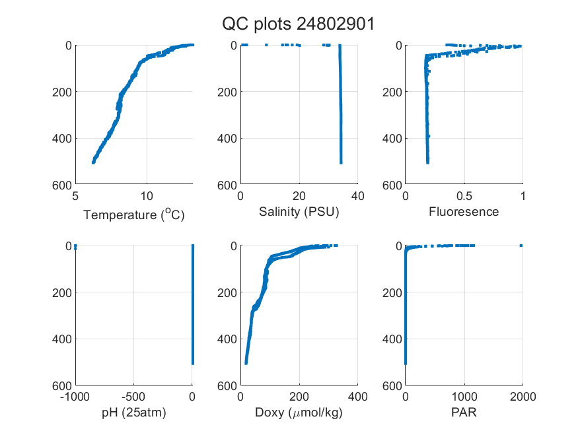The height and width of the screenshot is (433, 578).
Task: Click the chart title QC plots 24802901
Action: tap(298, 24)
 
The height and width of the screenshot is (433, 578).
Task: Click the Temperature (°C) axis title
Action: tap(134, 215)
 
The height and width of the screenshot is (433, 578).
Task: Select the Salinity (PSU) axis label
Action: tap(299, 212)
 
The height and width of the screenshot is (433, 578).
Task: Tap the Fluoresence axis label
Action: tap(464, 212)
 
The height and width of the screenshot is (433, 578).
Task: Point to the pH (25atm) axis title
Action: tap(134, 413)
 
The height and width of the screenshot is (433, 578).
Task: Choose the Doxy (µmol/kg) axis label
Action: tap(299, 413)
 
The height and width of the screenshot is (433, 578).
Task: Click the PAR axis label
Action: tap(464, 412)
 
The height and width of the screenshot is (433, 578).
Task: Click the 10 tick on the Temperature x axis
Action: tap(147, 196)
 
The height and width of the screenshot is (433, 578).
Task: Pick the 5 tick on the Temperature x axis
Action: tap(75, 196)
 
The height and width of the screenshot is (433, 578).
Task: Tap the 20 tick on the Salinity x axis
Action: tap(299, 196)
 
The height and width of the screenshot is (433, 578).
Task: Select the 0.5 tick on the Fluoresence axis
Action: tap(464, 196)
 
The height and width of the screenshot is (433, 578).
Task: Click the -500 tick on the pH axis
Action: tap(133, 397)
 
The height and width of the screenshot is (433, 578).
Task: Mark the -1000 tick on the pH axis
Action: tap(75, 397)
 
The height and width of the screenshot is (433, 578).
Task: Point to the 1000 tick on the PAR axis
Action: tap(464, 397)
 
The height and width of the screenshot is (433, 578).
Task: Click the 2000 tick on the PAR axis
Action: tap(523, 397)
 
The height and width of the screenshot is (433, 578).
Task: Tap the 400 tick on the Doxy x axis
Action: tap(357, 397)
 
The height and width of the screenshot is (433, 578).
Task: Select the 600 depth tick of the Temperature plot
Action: tap(62, 185)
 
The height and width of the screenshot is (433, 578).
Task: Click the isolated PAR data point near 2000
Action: tap(521, 246)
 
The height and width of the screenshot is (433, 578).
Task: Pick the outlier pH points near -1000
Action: tap(75, 247)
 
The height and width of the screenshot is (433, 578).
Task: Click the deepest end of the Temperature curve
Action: tap(93, 162)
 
